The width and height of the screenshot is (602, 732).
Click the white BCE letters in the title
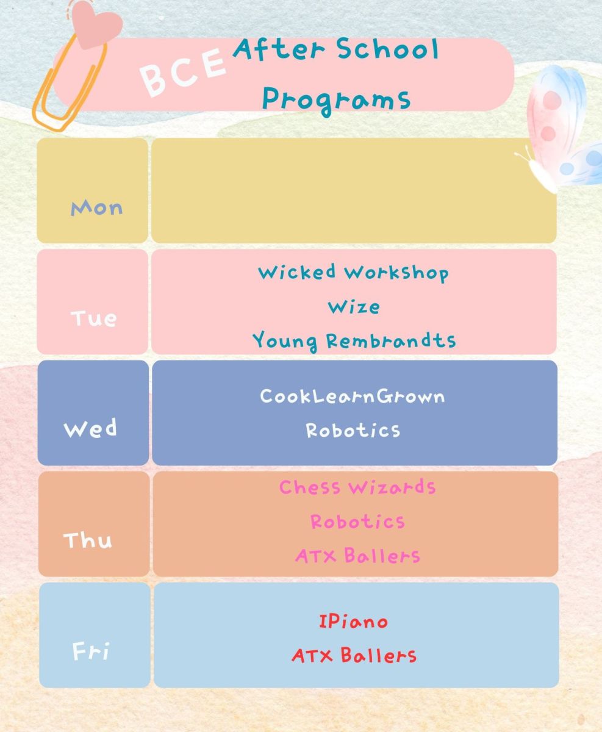point(182,72)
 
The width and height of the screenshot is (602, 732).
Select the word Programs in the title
point(336,101)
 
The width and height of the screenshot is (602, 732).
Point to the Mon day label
point(97,208)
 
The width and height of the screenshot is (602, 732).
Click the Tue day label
point(94,318)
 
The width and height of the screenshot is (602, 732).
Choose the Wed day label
point(90,428)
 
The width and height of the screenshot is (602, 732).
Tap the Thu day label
point(88,540)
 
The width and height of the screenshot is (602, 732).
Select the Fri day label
point(91,651)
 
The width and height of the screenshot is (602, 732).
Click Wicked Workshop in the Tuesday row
point(353,273)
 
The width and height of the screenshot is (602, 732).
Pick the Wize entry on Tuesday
point(354,307)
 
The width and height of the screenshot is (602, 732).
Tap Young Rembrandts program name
point(354,341)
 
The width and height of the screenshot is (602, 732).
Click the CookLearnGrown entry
point(353,396)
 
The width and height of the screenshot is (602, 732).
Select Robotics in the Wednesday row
point(353,431)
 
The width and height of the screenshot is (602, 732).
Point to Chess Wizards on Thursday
point(357,487)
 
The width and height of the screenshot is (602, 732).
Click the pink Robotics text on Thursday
point(358,522)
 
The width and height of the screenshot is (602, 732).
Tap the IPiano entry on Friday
point(353,621)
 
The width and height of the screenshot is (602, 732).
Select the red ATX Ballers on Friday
point(354,655)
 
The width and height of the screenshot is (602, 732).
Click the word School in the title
point(387,49)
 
